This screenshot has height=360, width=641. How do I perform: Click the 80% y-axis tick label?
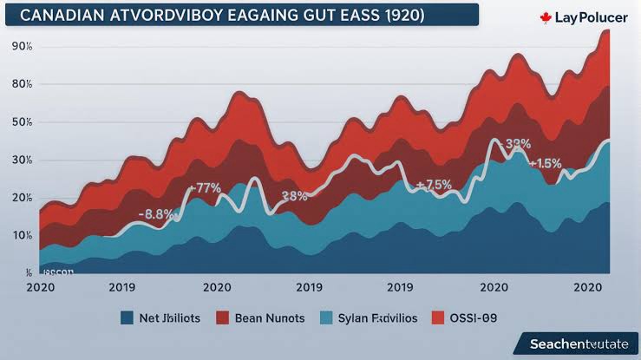pyautogui.click(x=21, y=84)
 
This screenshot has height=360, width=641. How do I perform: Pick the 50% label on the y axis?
pyautogui.click(x=21, y=122)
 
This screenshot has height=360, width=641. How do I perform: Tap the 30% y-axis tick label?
pyautogui.click(x=21, y=160)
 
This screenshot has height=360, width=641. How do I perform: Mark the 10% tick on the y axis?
pyautogui.click(x=21, y=235)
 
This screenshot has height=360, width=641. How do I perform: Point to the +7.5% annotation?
pyautogui.click(x=435, y=185)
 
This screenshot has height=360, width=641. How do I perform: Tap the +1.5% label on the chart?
pyautogui.click(x=546, y=164)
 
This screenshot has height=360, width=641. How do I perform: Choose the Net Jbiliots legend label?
pyautogui.click(x=169, y=318)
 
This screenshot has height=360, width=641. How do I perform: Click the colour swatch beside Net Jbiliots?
pyautogui.click(x=127, y=318)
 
